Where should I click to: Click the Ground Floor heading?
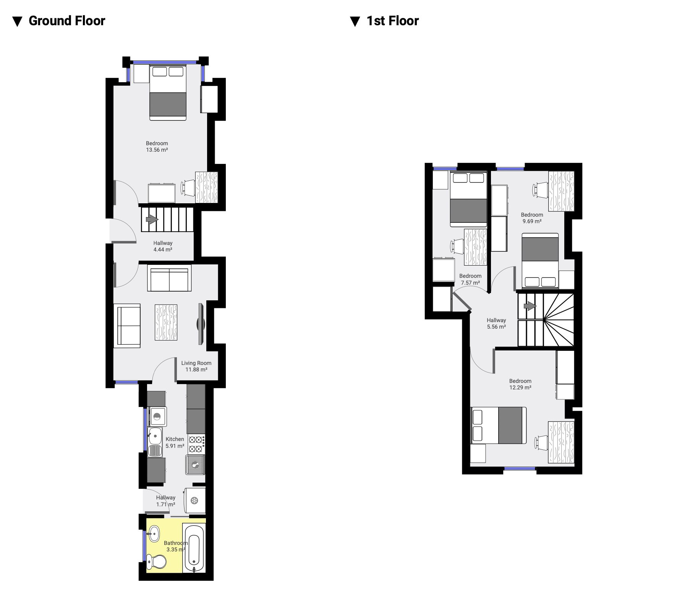[67, 21]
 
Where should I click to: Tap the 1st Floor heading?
[393, 21]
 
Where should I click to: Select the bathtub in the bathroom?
[194, 549]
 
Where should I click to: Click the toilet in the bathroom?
[157, 561]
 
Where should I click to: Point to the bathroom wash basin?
[154, 533]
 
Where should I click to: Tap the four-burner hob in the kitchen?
[196, 444]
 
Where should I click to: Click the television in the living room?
[201, 324]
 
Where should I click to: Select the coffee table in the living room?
[166, 322]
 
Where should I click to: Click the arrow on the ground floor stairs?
[152, 219]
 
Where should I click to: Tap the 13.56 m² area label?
[157, 150]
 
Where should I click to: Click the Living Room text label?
[196, 363]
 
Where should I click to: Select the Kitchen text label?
[175, 439]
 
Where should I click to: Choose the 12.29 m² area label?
[520, 387]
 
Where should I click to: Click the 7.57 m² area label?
[470, 283]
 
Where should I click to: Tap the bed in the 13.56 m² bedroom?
[168, 93]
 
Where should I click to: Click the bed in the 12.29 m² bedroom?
[499, 425]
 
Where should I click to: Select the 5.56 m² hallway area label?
[496, 327]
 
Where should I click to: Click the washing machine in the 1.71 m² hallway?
[194, 501]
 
